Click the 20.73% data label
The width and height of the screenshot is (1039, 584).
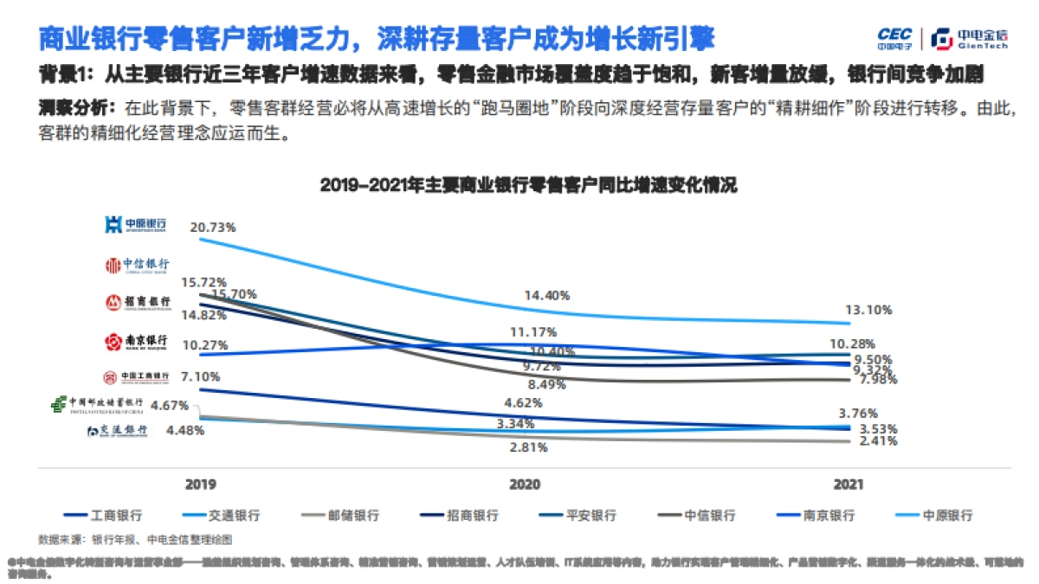coord(213,227)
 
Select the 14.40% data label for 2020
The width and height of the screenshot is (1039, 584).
coord(547,295)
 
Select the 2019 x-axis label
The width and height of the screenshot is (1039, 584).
coord(201,485)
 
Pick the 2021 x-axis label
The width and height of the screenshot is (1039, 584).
coord(847,485)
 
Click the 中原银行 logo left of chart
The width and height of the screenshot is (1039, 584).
coord(135,226)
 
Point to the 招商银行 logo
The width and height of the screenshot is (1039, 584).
coord(138,302)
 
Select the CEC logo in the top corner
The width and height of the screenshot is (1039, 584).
coord(894,38)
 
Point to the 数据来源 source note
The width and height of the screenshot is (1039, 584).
coord(134,539)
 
